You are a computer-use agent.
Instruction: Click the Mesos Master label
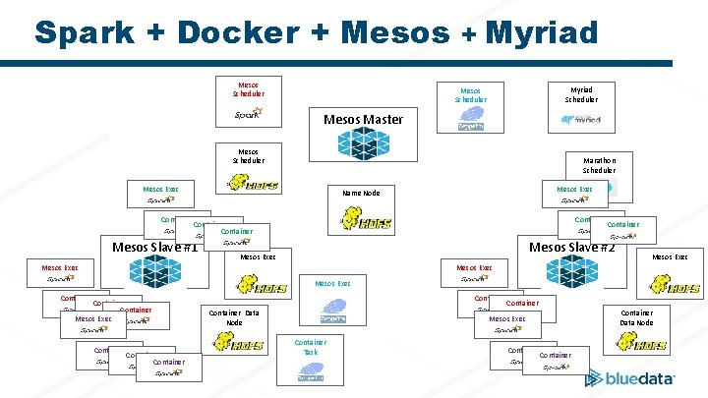[363, 119]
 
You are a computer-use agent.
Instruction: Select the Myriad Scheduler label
[580, 93]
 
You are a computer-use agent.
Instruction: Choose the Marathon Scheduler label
[599, 164]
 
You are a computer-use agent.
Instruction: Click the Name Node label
[360, 193]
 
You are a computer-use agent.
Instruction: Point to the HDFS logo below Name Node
[365, 223]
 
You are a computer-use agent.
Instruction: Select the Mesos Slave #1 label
[155, 247]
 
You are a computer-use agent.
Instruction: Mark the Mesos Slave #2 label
[571, 247]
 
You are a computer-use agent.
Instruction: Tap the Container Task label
[311, 347]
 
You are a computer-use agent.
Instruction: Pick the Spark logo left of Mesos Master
[249, 115]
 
